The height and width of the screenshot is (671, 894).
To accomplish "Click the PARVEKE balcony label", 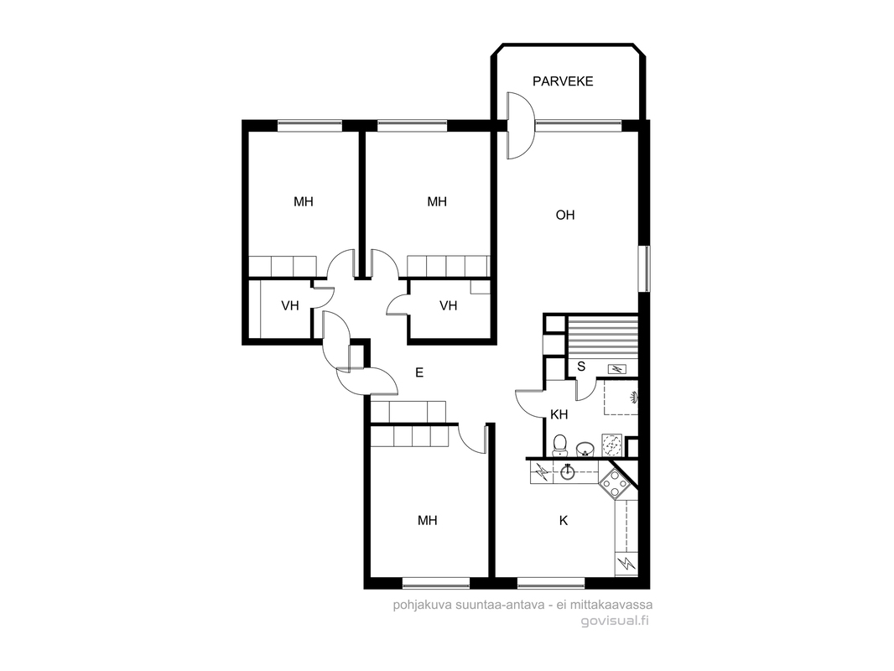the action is point(563,81).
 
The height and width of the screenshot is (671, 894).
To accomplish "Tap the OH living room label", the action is point(565,215).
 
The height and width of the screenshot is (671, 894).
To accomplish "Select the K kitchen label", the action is point(564,521).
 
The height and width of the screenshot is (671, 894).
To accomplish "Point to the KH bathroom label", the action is point(559,414).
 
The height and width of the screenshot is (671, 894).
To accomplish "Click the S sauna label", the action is point(581,366).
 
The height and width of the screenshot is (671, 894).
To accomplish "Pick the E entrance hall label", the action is point(419,373).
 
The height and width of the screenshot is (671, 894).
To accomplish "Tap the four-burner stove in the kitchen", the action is point(615,483).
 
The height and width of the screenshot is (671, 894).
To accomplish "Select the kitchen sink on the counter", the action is point(567,472).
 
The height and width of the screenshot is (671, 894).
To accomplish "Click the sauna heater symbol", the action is point(617,369).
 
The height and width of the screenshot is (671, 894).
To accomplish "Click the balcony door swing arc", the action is point(520,126).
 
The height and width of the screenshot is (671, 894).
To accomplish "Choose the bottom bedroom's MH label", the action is point(427,521).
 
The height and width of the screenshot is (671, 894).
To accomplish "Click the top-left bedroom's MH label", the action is point(304,202).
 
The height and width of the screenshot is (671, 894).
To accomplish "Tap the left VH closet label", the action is point(290,306).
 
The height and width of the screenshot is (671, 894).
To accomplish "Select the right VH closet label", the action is point(448,306).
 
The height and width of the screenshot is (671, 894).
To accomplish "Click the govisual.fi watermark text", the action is point(615,621).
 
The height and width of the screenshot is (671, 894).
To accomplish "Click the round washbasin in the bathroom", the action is point(585,450).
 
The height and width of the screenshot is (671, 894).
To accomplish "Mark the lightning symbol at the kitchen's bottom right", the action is point(628,564).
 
